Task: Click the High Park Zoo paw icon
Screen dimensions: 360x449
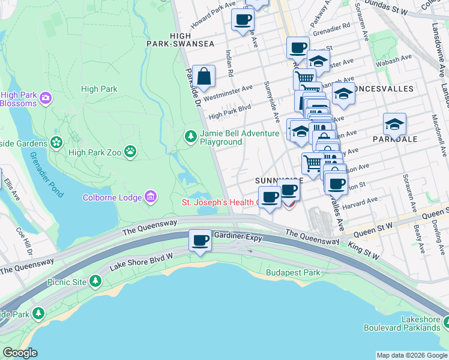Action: click(x=130, y=152)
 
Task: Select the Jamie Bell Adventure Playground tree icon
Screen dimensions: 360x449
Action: click(x=191, y=137)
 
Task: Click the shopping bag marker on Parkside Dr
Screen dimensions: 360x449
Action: click(x=204, y=76)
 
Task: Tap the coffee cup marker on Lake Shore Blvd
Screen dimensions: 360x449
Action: click(x=200, y=241)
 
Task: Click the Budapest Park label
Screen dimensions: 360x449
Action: click(x=293, y=272)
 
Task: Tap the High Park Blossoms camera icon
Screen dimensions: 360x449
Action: click(x=45, y=98)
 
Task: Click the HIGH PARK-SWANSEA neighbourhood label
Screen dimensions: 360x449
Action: click(x=180, y=40)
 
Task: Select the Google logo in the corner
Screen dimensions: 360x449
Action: click(x=20, y=352)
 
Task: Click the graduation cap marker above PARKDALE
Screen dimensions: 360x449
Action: click(x=394, y=124)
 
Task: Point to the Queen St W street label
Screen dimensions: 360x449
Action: click(x=373, y=226)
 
